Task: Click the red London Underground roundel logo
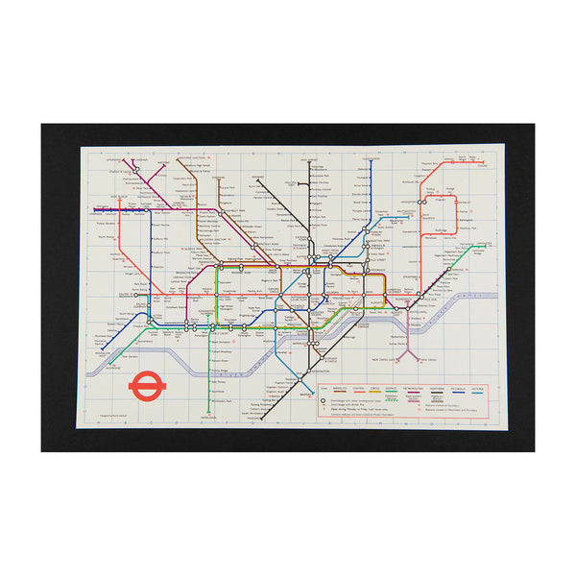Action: [x=146, y=385]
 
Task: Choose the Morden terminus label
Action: [x=253, y=420]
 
